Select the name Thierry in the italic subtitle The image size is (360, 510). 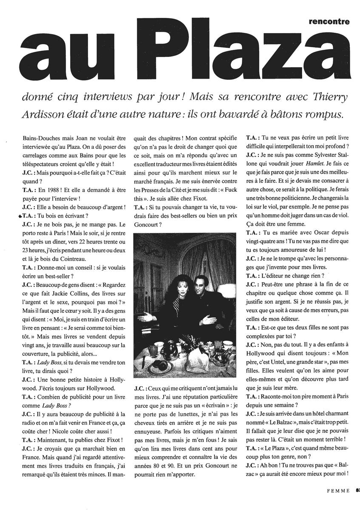pos(329,97)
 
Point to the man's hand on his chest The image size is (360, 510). pos(204,297)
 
